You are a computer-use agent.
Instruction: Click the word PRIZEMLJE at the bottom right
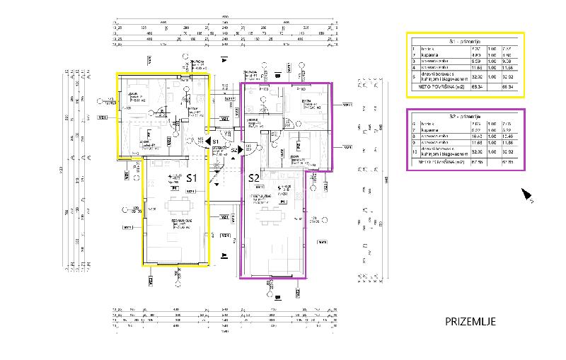(470, 322)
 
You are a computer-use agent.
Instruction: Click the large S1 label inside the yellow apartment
(191, 179)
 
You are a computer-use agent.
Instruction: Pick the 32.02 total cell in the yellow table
(506, 79)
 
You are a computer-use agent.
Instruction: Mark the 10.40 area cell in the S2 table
(477, 134)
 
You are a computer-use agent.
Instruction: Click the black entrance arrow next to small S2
(241, 150)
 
